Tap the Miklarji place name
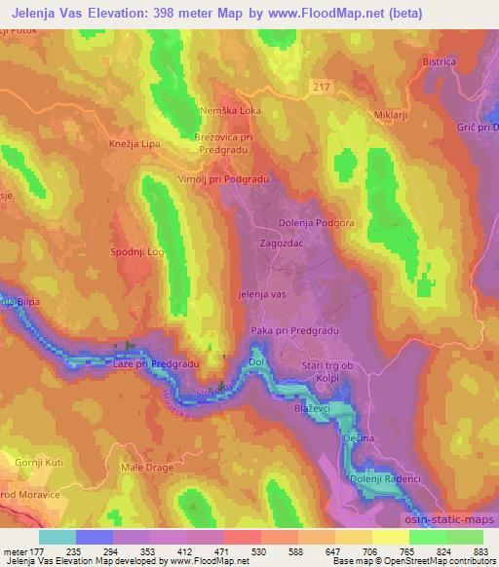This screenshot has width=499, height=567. [x=388, y=117]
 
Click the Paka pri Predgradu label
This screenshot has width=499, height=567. [x=294, y=331]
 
